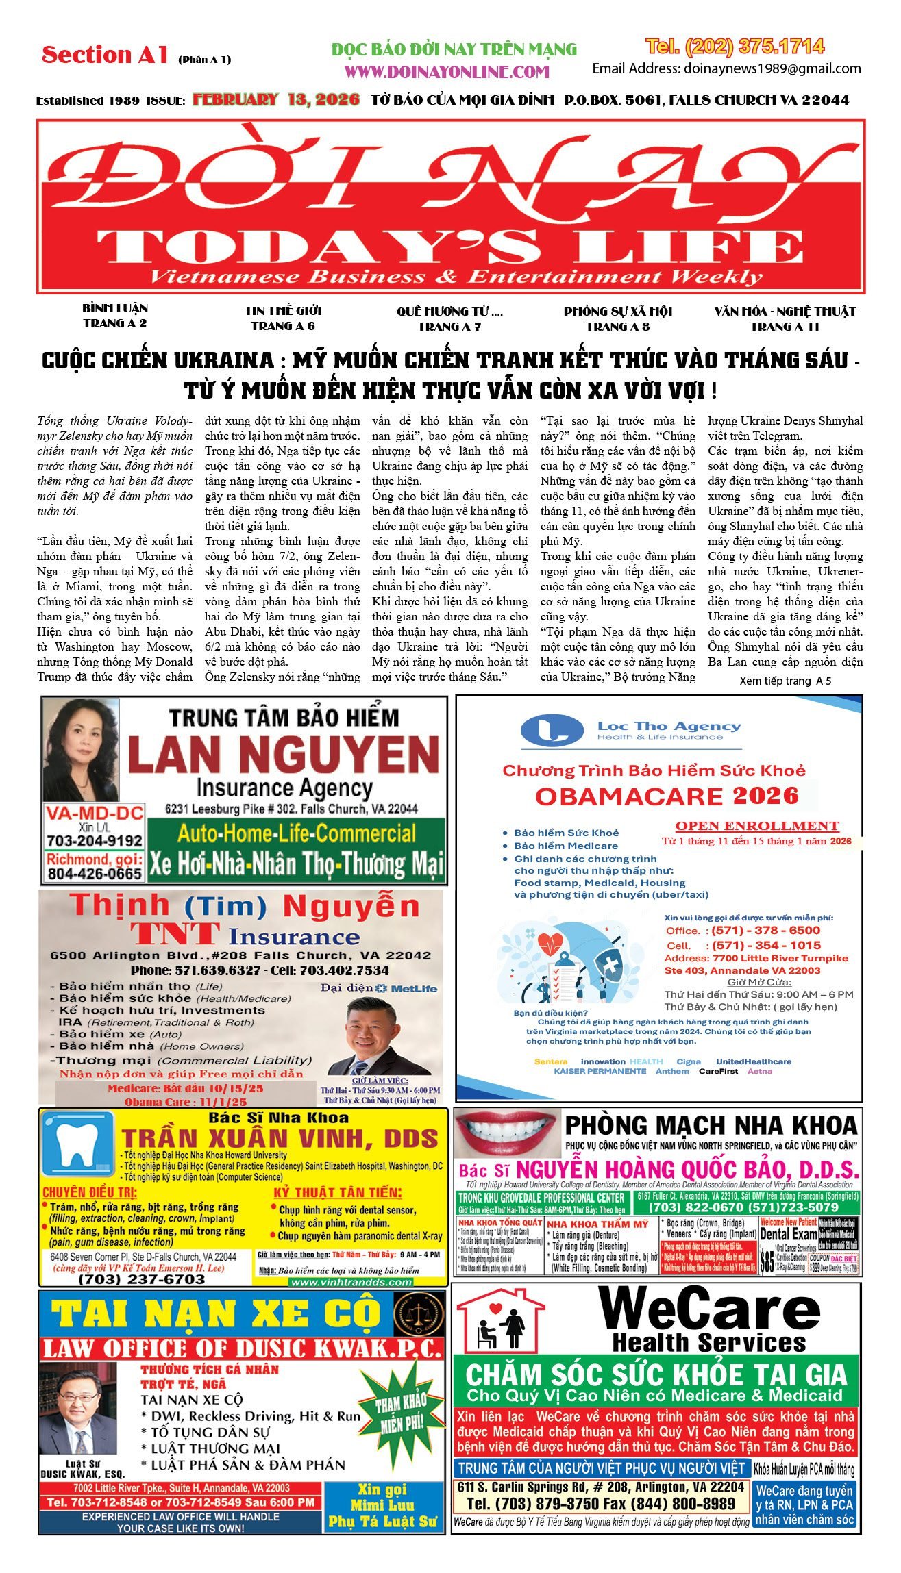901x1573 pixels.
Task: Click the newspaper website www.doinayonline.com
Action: click(447, 72)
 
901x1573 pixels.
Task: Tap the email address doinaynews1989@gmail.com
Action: click(726, 68)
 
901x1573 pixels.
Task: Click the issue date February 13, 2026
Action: click(276, 100)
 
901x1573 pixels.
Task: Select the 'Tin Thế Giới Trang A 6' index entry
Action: click(283, 318)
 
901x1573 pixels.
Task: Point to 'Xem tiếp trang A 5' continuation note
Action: click(785, 681)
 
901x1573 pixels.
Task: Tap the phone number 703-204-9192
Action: click(95, 840)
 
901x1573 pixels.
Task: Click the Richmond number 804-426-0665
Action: click(95, 873)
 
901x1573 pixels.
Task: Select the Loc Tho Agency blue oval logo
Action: click(552, 731)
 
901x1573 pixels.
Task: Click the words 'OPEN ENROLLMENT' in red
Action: click(757, 826)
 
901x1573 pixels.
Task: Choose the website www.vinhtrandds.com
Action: click(351, 1282)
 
